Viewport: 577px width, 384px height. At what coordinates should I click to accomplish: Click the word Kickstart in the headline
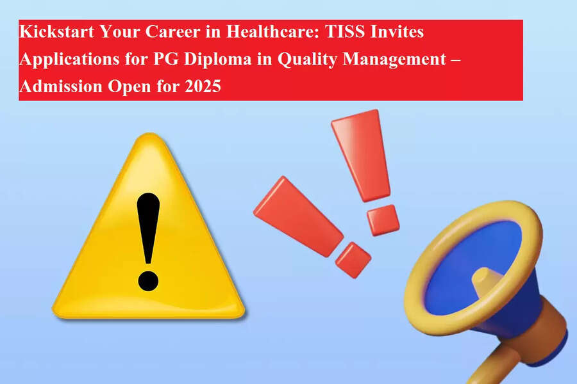coord(56,31)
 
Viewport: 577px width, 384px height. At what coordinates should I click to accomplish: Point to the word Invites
coord(397,31)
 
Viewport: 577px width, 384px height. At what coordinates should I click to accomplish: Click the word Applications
coord(69,60)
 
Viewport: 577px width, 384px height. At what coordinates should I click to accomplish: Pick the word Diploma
coord(217,60)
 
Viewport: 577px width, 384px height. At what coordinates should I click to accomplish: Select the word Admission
coord(61,87)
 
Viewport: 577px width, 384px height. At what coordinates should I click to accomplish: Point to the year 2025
coord(203,87)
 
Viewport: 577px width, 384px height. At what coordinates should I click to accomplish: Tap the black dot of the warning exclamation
coord(148,282)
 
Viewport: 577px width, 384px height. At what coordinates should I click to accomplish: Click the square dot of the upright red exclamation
coord(383,220)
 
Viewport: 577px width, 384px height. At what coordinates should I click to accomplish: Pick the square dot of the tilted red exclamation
coord(353,259)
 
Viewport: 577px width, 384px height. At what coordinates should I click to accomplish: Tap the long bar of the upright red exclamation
coord(361,156)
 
